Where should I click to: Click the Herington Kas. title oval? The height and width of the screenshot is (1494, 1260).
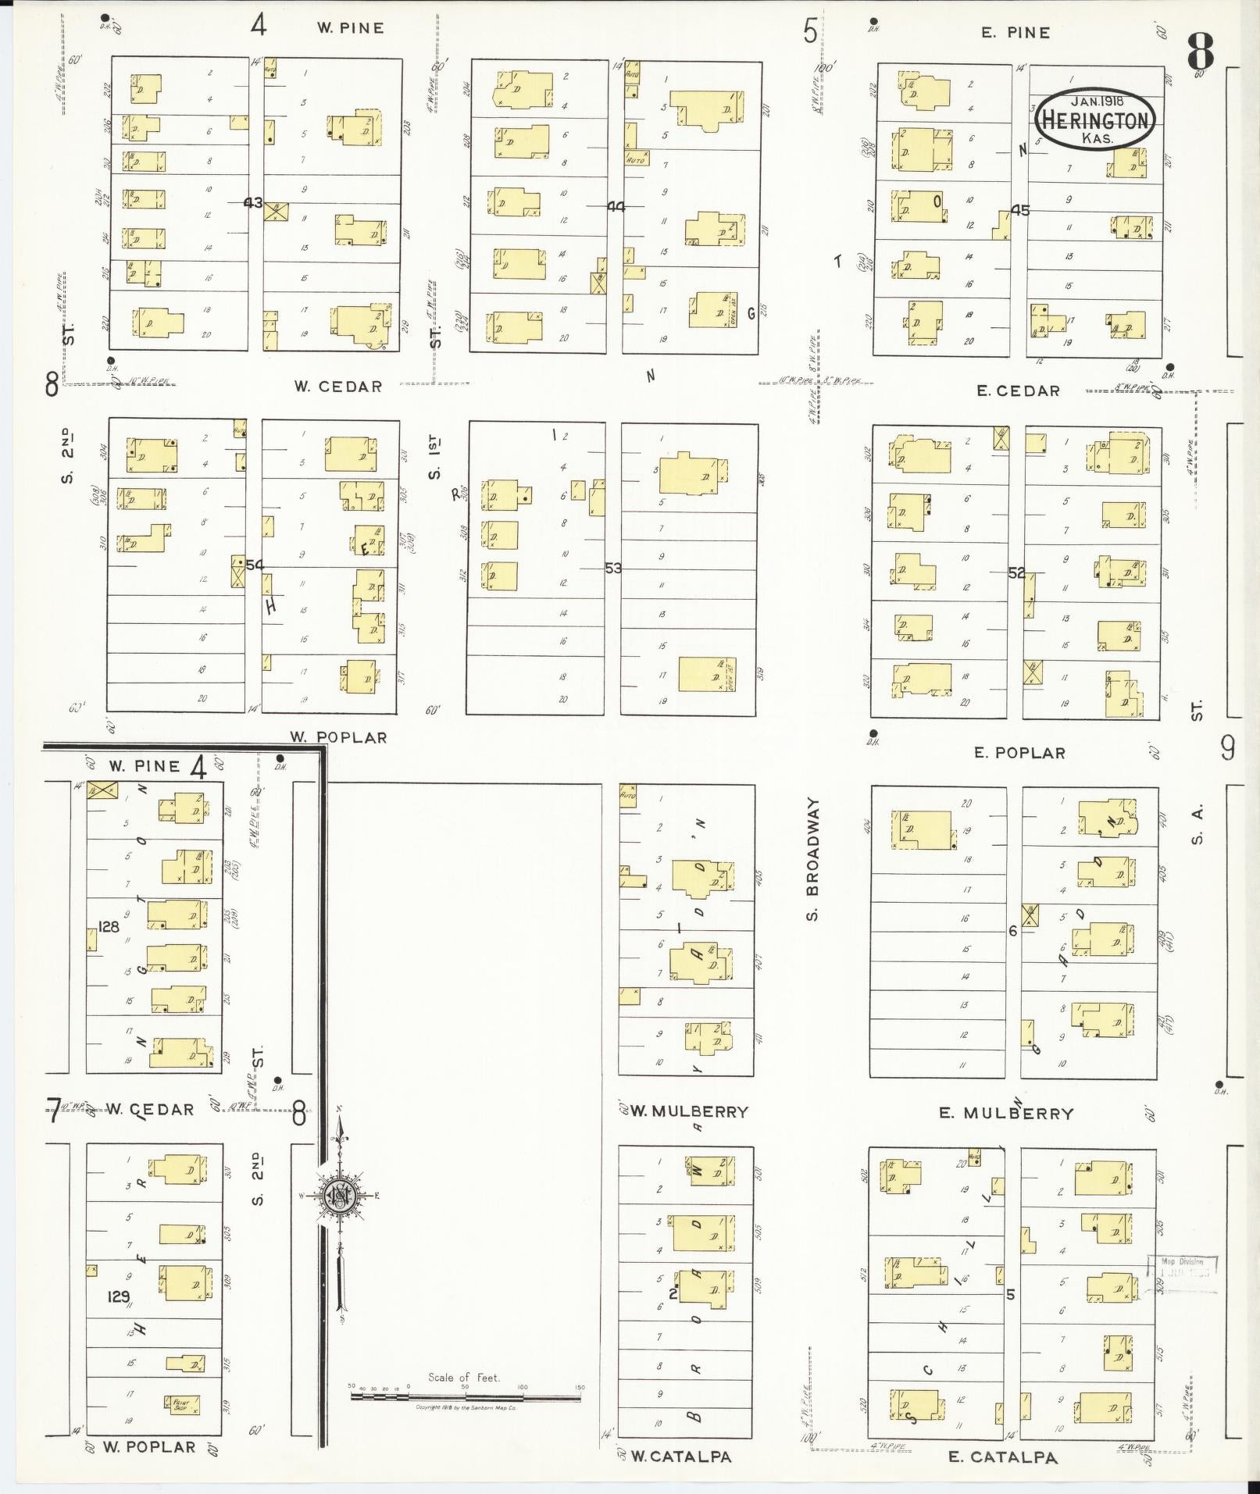[1094, 119]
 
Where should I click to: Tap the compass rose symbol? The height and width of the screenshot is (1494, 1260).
[341, 1196]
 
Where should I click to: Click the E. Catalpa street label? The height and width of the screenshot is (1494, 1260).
[1002, 1457]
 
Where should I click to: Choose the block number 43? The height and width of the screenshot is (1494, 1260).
[253, 202]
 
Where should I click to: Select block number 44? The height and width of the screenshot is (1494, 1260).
[616, 207]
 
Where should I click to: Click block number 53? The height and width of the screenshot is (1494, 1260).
[613, 569]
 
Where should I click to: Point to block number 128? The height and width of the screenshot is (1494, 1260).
[109, 926]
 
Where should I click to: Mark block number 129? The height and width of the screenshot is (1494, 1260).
[119, 1297]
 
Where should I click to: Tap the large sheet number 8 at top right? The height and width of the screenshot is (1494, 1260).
[1201, 52]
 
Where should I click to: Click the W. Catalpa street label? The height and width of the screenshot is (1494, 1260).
[680, 1457]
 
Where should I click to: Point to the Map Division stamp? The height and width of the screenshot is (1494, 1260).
[1182, 1267]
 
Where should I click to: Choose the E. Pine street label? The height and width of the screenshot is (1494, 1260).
[1015, 33]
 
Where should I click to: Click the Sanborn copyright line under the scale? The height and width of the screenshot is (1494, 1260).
[466, 1407]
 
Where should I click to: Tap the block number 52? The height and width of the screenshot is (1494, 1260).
[1016, 572]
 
